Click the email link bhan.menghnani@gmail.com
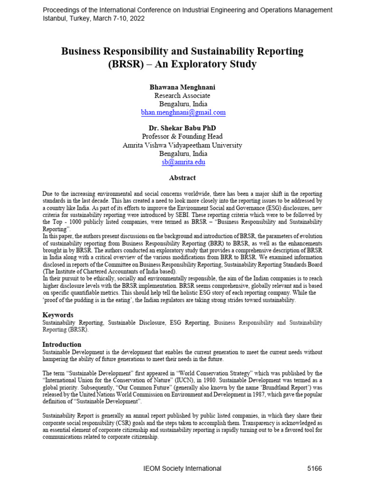point(183,113)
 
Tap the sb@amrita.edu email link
point(183,162)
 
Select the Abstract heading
point(182,177)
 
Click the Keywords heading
point(58,315)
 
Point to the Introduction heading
point(62,344)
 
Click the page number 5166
point(315,468)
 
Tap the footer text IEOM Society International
point(182,468)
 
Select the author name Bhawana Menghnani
point(183,88)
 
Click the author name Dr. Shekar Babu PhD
point(183,128)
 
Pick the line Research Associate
point(183,96)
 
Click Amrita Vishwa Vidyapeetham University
point(182,145)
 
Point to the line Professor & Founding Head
point(183,136)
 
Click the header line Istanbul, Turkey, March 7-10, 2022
point(94,19)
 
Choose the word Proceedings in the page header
point(60,10)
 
